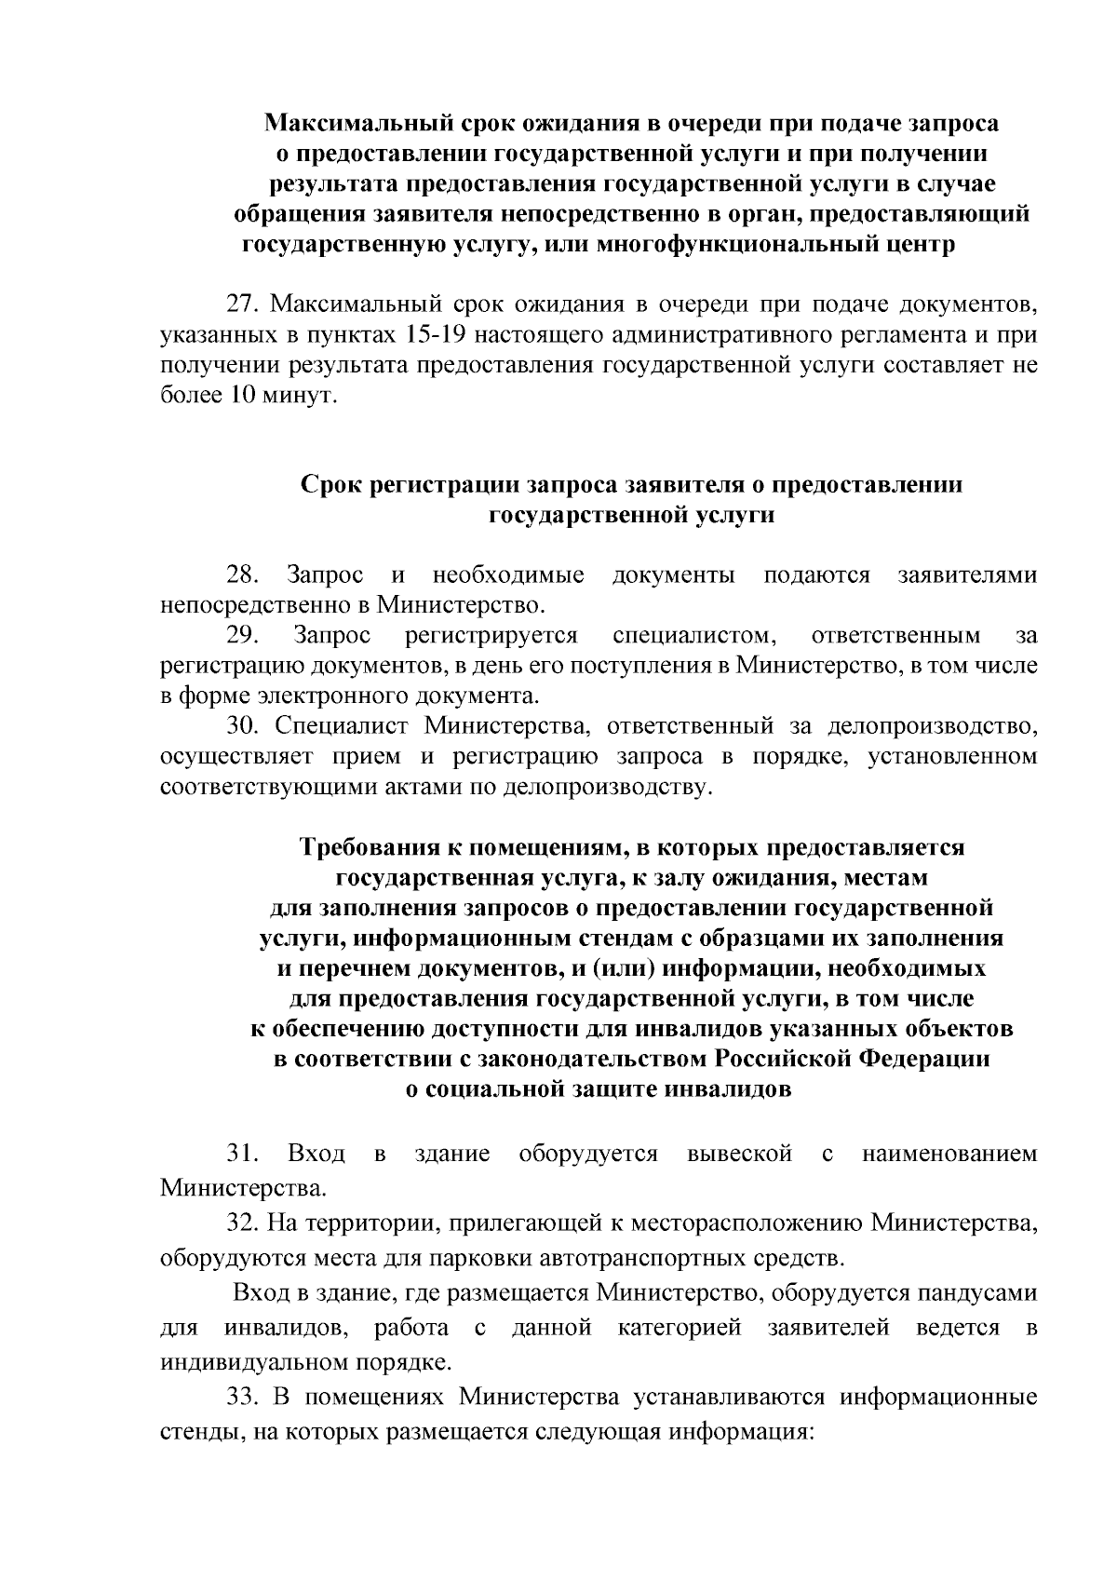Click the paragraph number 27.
tap(244, 304)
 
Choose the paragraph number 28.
tap(244, 575)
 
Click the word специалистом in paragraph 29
tap(694, 636)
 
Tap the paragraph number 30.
tap(244, 726)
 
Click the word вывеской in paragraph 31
tap(739, 1155)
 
